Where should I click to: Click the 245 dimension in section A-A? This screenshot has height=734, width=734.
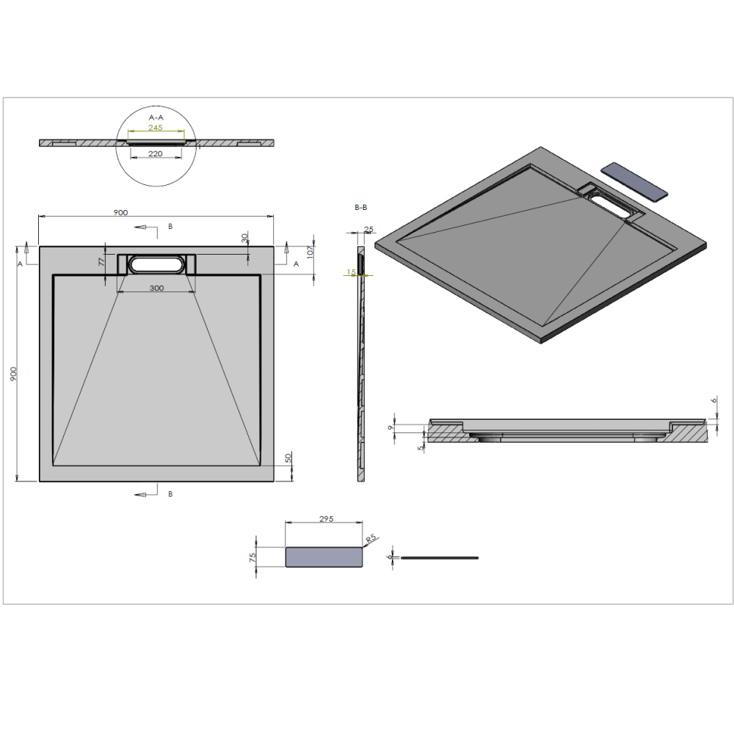point(156,127)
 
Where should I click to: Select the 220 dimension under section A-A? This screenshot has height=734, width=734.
point(156,153)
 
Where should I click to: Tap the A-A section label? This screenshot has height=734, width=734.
point(156,117)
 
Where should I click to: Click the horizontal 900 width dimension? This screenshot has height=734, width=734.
point(121,213)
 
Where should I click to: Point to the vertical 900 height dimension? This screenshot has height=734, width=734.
point(13,374)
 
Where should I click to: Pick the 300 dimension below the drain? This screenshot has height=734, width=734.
point(157,288)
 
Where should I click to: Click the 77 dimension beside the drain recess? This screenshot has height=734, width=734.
point(102,262)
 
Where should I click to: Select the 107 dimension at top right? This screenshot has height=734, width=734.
point(310,252)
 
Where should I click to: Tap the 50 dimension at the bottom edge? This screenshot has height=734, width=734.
point(288,458)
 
